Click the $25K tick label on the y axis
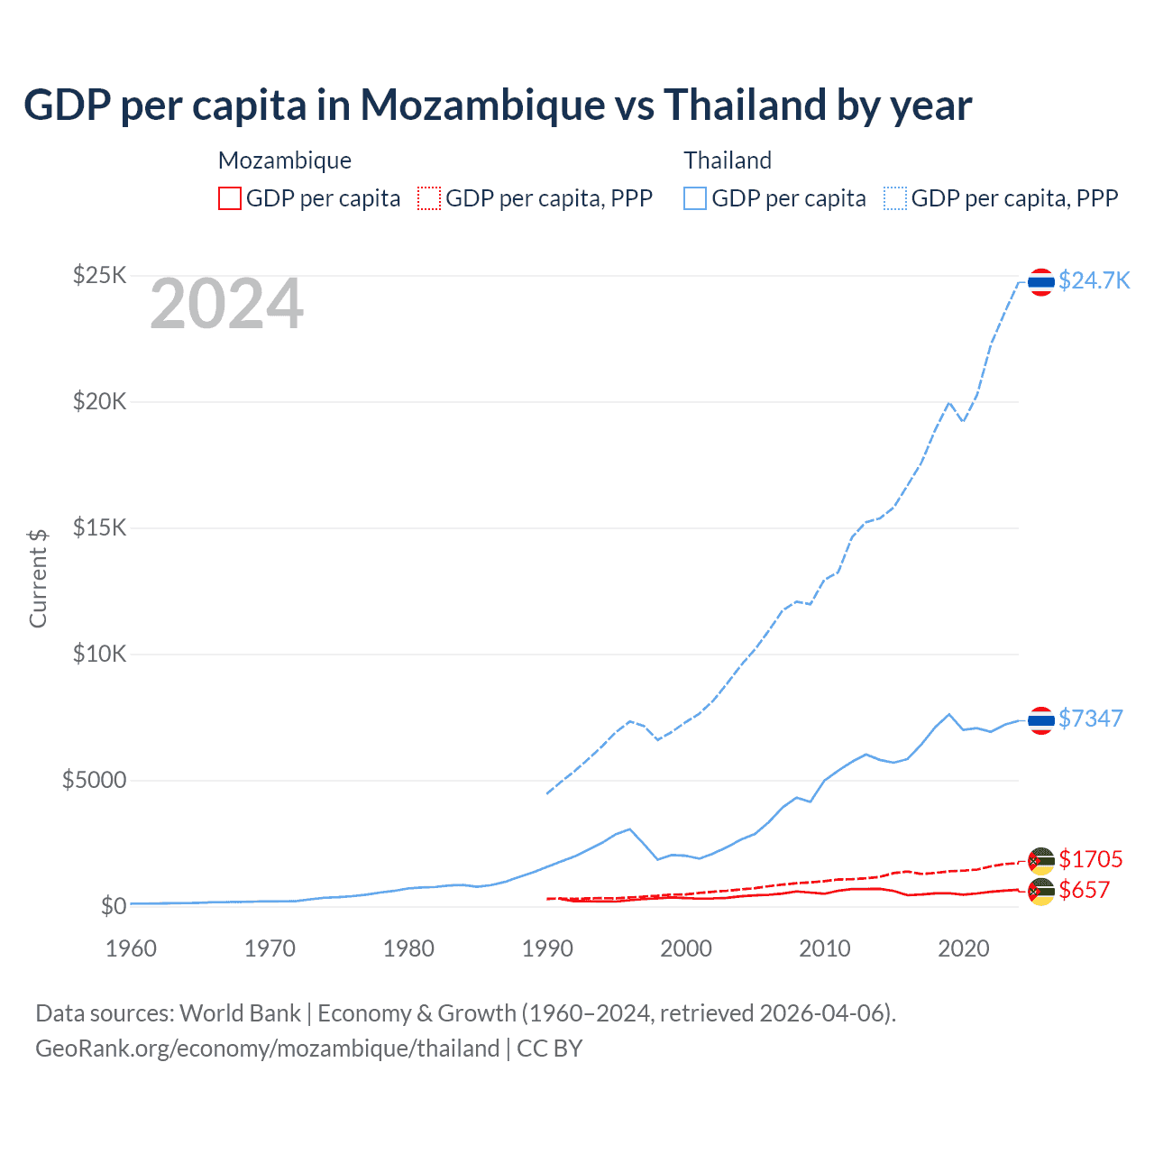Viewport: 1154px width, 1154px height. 99,275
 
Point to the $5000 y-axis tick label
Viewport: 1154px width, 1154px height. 94,780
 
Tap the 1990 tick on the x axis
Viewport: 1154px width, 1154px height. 547,948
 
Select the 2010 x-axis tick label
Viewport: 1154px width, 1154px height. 825,948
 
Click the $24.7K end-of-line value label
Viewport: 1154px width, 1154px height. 1094,280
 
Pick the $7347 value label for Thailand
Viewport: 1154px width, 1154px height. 1090,719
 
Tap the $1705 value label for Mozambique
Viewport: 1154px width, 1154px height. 1090,859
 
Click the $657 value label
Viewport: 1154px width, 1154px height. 1084,891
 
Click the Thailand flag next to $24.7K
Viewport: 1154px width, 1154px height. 1041,282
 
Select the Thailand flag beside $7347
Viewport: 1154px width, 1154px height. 1041,720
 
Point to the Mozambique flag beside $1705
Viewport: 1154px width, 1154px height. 1041,861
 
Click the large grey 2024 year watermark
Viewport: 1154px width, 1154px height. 226,305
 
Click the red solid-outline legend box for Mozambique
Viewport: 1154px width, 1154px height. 230,198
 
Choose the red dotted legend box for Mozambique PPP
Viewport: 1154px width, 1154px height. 429,198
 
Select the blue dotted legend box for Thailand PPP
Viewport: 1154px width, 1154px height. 895,198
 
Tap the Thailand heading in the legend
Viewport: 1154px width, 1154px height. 728,160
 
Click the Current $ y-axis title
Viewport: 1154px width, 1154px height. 38,579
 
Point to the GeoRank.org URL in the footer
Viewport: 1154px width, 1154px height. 267,1049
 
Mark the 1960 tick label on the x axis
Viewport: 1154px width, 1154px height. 131,948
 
